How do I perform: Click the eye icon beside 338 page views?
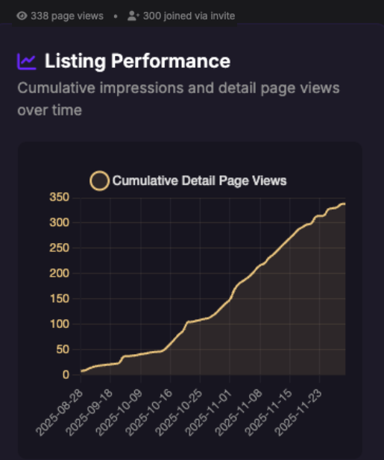point(22,15)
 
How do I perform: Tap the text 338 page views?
point(66,15)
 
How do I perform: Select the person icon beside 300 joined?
point(133,15)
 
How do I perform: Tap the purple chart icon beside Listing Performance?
point(27,61)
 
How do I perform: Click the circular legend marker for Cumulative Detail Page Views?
point(99,180)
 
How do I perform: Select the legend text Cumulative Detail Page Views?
point(199,180)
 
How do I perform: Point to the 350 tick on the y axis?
point(60,198)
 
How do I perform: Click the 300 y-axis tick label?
point(60,223)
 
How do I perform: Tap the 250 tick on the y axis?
point(60,248)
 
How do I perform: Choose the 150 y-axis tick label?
point(60,299)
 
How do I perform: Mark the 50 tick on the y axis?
point(63,350)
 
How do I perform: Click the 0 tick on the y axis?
point(66,375)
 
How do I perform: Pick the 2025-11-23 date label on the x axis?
point(298,409)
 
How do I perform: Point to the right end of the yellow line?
point(344,204)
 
